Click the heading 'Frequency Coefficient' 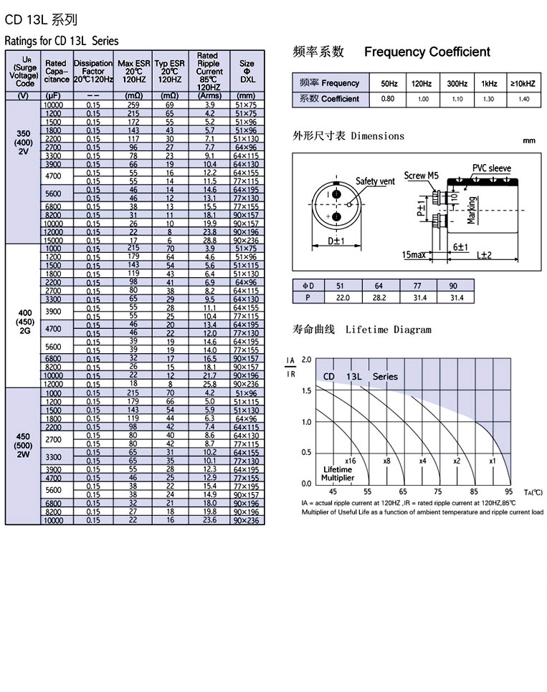pyautogui.click(x=427, y=52)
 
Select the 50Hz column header pyautogui.click(x=389, y=83)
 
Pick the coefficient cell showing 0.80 pyautogui.click(x=389, y=99)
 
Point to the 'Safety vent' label pyautogui.click(x=375, y=181)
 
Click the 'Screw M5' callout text pyautogui.click(x=421, y=175)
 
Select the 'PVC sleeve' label pyautogui.click(x=491, y=168)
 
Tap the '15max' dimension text pyautogui.click(x=414, y=254)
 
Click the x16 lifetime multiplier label pyautogui.click(x=350, y=461)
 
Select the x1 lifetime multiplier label pyautogui.click(x=493, y=461)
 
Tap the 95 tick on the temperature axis pyautogui.click(x=508, y=491)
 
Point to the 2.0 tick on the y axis pyautogui.click(x=307, y=359)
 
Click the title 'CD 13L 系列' pyautogui.click(x=41, y=19)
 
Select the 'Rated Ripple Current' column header pyautogui.click(x=208, y=71)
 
